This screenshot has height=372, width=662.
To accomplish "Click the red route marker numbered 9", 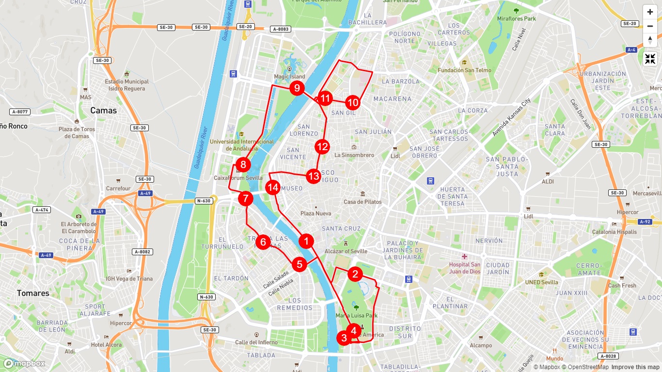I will (297, 89).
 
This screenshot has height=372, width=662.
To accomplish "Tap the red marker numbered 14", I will (273, 187).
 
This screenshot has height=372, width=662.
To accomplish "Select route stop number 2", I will (355, 274).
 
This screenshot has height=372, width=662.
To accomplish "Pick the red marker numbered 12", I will (322, 146).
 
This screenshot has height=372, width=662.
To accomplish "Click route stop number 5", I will (299, 264).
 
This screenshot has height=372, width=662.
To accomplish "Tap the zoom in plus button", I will (650, 12).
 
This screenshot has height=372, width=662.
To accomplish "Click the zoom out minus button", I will (650, 26).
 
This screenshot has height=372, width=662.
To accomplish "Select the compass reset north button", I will (650, 40).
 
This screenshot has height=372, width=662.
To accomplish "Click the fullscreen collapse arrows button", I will (650, 59).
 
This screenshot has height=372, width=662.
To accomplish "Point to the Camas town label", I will (103, 110).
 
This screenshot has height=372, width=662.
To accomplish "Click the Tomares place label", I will (33, 293).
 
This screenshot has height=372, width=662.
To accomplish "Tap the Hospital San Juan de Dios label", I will (465, 268).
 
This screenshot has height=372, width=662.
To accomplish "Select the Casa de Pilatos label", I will (363, 201).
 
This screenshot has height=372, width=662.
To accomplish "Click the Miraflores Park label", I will (517, 18).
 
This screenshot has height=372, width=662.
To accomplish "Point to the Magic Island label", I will (290, 77).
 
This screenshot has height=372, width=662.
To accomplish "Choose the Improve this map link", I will (635, 367).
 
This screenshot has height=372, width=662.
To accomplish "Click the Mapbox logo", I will (24, 364).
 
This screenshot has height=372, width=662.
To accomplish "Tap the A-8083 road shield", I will (281, 29).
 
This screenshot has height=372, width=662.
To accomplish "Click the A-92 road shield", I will (645, 222).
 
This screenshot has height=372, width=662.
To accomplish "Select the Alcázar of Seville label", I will (346, 251).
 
